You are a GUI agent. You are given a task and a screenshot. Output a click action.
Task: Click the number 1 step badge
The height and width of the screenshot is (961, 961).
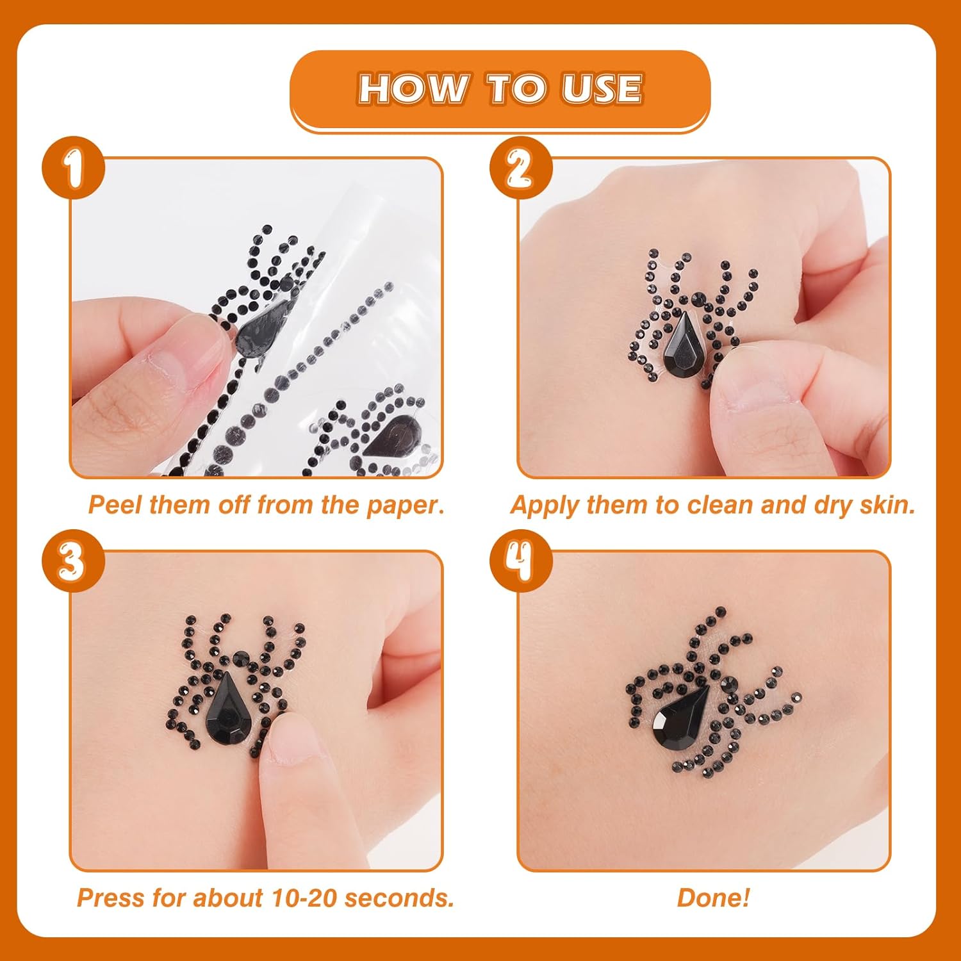click(74, 168)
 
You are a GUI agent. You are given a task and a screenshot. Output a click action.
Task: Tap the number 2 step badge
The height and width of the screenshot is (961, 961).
click(521, 168)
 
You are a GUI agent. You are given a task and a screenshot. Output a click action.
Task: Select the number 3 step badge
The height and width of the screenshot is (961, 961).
click(74, 561)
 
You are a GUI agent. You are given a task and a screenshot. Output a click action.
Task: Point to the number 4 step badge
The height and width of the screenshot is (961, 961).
click(521, 561)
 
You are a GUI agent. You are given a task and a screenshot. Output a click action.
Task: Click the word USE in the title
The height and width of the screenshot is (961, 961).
click(602, 89)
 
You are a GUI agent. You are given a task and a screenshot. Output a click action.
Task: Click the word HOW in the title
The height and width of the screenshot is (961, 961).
click(412, 89)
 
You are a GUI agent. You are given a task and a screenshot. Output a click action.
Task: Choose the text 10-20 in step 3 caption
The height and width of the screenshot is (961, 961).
click(304, 898)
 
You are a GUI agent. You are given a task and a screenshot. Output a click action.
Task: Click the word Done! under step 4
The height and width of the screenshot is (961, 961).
click(713, 898)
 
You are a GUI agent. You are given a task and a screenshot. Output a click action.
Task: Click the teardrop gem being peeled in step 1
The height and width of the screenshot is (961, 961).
click(261, 324)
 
